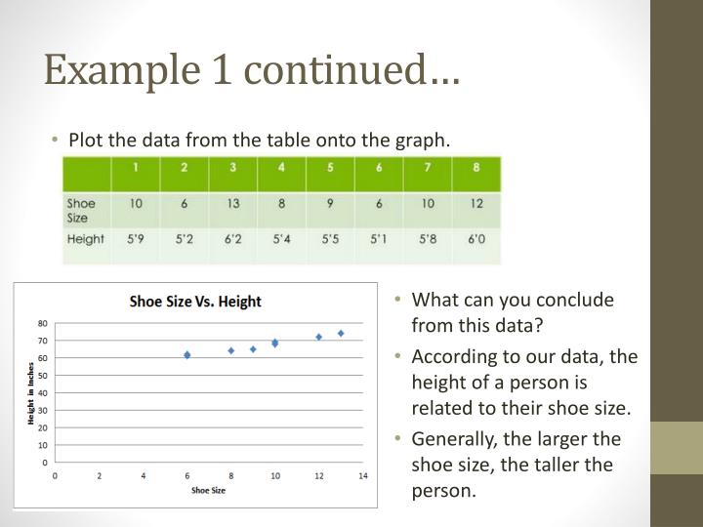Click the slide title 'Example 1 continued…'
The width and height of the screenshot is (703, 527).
point(253,70)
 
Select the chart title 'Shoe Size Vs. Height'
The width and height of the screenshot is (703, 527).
point(195,301)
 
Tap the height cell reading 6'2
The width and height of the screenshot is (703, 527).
point(232,238)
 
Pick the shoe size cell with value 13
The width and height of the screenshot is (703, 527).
point(232,203)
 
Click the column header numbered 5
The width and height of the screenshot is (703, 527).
point(329,167)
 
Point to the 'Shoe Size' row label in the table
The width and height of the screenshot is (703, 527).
point(81,210)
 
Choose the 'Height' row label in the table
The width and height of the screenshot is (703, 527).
point(86,238)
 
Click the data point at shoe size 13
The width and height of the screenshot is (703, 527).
point(341,333)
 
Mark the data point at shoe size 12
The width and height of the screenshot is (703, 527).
point(318,337)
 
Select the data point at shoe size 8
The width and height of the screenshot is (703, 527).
point(231,350)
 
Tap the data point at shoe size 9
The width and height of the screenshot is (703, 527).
point(253,348)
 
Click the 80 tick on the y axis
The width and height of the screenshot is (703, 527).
point(43,322)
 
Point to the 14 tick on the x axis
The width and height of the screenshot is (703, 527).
point(363,475)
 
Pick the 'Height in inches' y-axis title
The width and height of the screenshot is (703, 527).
point(31,392)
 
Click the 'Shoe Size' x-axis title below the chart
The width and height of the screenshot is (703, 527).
point(208,490)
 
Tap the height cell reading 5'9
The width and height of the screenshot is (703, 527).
point(136,238)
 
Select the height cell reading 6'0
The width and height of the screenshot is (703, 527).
point(475,238)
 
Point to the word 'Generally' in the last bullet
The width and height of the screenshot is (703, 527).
point(451,438)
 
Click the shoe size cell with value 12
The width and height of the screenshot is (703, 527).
point(475,203)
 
